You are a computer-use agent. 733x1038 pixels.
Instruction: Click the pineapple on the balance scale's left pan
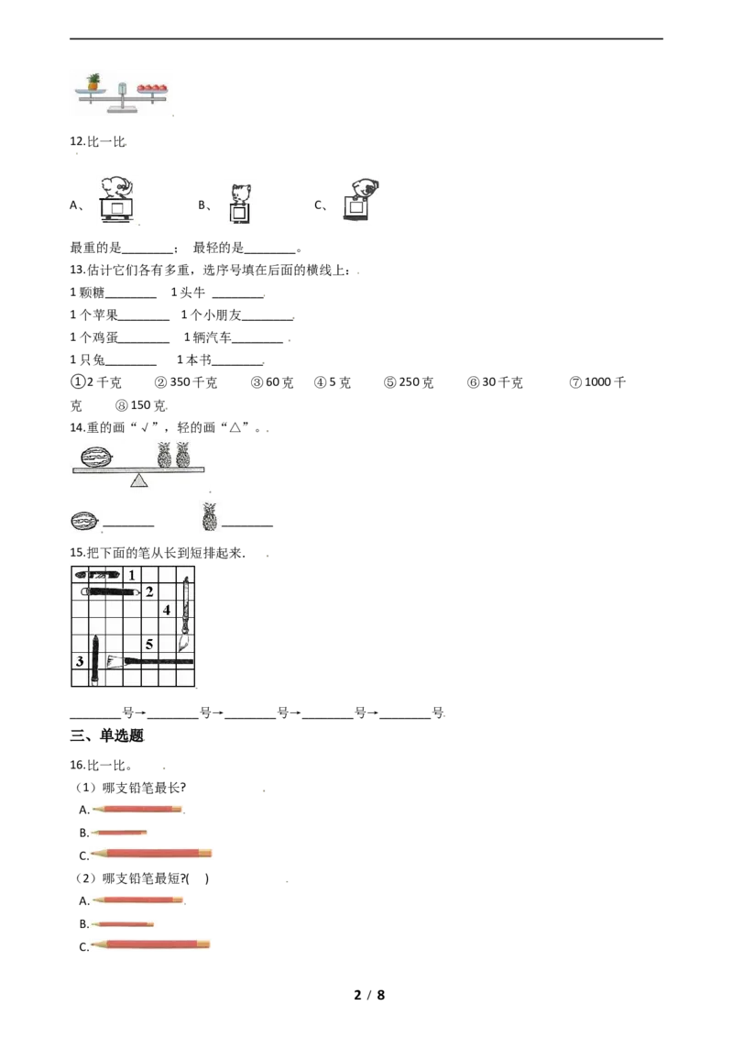tap(94, 82)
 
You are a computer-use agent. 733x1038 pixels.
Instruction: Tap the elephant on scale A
tap(118, 187)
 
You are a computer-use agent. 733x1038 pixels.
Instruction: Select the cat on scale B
tap(241, 194)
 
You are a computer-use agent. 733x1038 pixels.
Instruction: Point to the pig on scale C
tap(365, 188)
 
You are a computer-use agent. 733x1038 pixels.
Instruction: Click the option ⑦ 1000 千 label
tap(597, 382)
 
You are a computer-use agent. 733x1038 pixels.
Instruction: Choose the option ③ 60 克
tap(272, 382)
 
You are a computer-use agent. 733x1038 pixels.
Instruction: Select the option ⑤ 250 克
tap(409, 382)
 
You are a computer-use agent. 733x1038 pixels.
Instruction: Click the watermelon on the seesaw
tap(96, 457)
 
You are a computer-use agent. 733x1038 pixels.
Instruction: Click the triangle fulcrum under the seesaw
tap(138, 480)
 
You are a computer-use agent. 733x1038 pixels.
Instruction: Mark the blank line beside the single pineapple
tap(247, 526)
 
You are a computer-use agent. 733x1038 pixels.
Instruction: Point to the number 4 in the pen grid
tap(167, 610)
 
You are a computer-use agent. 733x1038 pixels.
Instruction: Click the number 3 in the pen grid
tap(80, 660)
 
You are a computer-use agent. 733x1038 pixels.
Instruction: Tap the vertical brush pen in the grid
tap(185, 614)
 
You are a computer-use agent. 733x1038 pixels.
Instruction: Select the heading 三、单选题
tap(107, 735)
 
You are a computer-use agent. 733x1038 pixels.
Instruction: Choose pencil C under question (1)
tap(151, 854)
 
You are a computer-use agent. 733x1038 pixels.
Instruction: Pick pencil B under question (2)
tap(123, 923)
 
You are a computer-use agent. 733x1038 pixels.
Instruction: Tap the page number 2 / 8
tap(369, 994)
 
